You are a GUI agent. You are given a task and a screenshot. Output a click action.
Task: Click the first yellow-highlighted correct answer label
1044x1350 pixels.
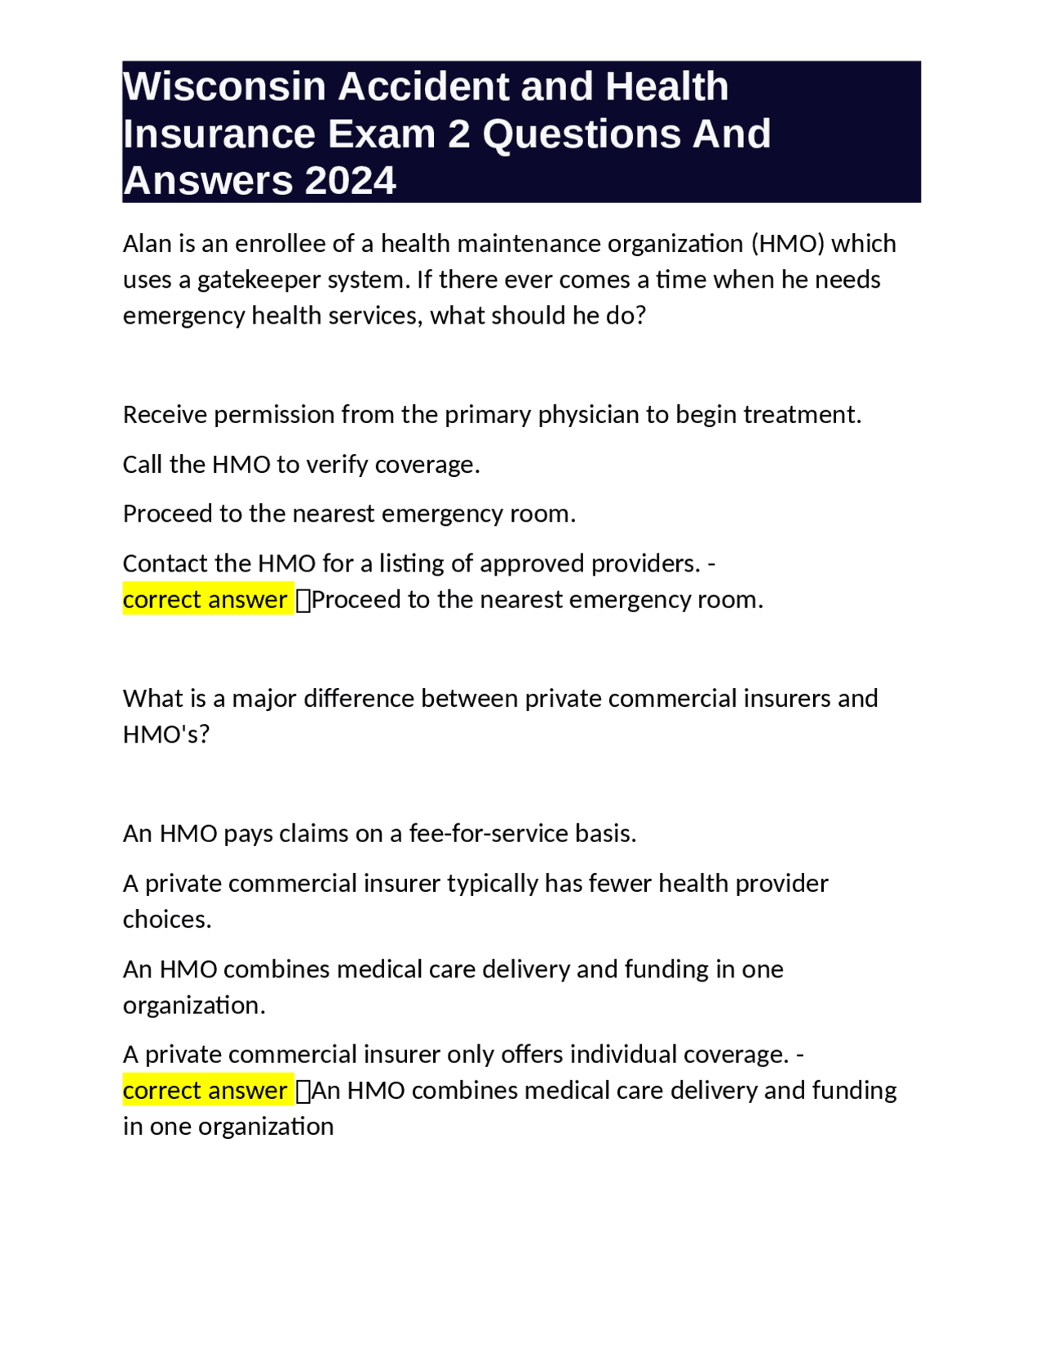(206, 600)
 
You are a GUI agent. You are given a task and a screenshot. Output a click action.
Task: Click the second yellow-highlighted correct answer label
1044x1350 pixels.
(206, 1091)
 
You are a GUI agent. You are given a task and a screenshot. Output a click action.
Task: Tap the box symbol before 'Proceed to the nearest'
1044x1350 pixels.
(303, 601)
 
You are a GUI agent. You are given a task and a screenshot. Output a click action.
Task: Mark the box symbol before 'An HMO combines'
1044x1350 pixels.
(303, 1092)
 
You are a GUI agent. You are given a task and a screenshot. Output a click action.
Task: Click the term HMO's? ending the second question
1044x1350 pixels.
(166, 735)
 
